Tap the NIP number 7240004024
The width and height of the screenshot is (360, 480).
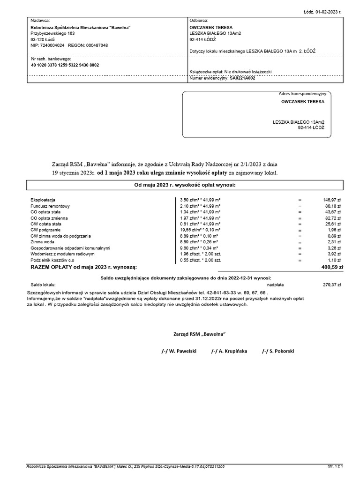(52, 45)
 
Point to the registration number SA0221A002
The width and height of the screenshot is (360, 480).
(246, 79)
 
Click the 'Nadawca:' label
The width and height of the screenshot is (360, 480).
(40, 21)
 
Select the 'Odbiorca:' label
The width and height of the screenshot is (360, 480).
(199, 21)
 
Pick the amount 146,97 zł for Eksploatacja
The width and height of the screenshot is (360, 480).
(332, 200)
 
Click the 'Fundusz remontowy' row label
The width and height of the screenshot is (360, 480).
(50, 206)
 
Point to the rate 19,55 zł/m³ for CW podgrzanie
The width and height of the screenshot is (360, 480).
(194, 230)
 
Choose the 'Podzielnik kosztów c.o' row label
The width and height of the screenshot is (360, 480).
(53, 260)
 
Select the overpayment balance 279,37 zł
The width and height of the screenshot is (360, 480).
(332, 284)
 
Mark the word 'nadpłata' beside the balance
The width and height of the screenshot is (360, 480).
(275, 284)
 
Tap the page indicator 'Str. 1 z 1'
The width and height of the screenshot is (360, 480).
(336, 467)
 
